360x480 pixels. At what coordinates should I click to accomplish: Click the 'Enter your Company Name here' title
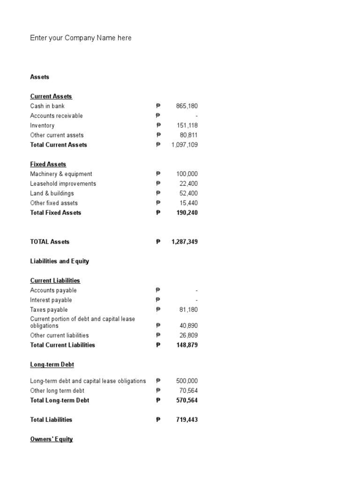click(x=81, y=38)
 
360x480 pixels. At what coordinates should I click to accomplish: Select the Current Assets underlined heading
click(x=51, y=96)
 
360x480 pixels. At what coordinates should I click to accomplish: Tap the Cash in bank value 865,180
click(x=187, y=106)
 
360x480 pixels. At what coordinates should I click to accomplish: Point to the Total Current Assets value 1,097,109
click(x=185, y=145)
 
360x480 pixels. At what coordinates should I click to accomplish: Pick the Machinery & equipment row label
click(x=61, y=174)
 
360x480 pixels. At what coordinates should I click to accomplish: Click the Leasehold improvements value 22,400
click(x=188, y=184)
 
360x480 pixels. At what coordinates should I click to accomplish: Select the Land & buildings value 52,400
click(x=188, y=193)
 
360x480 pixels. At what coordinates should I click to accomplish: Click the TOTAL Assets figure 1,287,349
click(x=185, y=242)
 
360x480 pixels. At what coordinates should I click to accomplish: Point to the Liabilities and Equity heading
click(x=60, y=261)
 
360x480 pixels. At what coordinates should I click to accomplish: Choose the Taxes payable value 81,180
click(x=188, y=310)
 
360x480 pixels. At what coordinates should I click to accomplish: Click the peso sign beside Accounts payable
click(x=158, y=291)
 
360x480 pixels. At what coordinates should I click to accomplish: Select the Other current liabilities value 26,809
click(x=188, y=336)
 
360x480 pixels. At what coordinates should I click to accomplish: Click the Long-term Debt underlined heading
click(x=52, y=364)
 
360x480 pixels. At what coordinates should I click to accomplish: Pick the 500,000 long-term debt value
click(x=187, y=381)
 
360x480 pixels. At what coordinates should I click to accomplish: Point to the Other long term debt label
click(x=57, y=390)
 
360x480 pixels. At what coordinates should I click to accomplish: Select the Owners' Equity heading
click(x=52, y=439)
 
